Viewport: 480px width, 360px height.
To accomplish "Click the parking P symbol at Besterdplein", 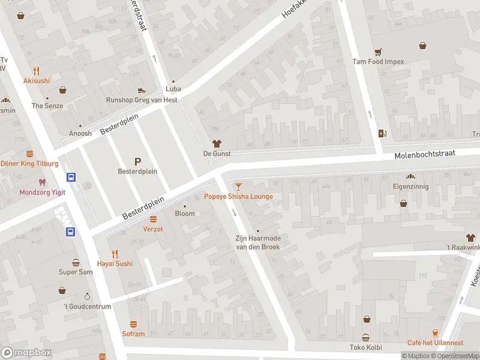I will click(137, 161).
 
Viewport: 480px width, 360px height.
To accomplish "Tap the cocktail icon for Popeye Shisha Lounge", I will click(239, 187).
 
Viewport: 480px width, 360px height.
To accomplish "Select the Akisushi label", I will click(37, 80).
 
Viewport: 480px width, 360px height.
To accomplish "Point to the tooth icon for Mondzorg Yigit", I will click(41, 182).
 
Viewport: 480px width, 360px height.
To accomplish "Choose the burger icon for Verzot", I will click(153, 219).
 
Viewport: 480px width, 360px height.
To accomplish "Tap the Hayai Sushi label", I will click(115, 263).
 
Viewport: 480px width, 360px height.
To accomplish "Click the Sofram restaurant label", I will click(133, 334).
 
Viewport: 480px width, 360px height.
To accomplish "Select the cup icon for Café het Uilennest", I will click(436, 332).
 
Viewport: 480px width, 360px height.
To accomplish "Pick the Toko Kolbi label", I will click(365, 347).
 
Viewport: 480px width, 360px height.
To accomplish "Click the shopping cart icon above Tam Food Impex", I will click(378, 52).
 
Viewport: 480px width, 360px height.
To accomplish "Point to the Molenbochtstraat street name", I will click(425, 154).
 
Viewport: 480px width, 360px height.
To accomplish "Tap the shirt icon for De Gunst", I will click(217, 143).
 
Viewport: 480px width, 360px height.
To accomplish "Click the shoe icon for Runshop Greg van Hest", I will click(142, 90).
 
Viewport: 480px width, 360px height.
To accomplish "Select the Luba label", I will click(173, 89).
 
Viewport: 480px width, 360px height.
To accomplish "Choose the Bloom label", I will click(185, 214).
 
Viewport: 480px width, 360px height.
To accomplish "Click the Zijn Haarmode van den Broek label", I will click(257, 242).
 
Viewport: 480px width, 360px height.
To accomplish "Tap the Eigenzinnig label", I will click(411, 187).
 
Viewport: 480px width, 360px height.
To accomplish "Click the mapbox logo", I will click(26, 353).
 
